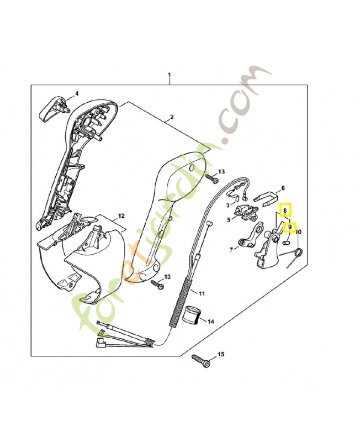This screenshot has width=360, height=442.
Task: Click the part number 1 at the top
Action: [x=170, y=75]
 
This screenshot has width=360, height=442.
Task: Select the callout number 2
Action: [x=172, y=117]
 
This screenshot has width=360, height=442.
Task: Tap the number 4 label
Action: [x=77, y=93]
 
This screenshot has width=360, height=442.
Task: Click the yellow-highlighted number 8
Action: [x=285, y=210]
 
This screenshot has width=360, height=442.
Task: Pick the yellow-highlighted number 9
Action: [x=290, y=227]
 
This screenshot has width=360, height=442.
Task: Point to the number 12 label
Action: [x=121, y=215]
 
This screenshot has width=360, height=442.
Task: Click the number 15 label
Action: [x=221, y=354]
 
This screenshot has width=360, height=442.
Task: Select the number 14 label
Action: [x=210, y=320]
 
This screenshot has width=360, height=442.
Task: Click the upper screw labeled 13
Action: [x=210, y=178]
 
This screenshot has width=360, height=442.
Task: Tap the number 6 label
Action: [x=283, y=188]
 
